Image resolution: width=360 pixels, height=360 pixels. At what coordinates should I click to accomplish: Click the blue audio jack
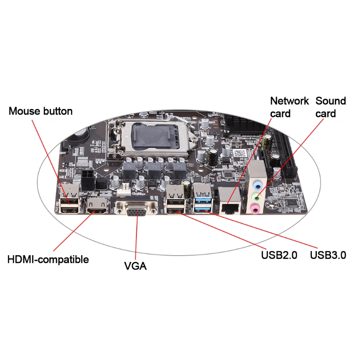pyautogui.click(x=256, y=184)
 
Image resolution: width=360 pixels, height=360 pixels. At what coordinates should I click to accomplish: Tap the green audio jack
pyautogui.click(x=256, y=196)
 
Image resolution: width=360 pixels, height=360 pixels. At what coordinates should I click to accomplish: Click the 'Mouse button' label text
pyautogui.click(x=40, y=111)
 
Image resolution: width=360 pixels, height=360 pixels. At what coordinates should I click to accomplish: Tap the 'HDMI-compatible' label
pyautogui.click(x=48, y=260)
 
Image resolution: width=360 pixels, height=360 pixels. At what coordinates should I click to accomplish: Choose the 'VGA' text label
pyautogui.click(x=135, y=266)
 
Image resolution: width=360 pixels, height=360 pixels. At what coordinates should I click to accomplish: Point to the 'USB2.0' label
pyautogui.click(x=279, y=256)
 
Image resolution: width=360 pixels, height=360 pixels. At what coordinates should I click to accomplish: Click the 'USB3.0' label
pyautogui.click(x=328, y=256)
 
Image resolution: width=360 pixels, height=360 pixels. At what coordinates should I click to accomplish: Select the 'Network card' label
pyautogui.click(x=289, y=107)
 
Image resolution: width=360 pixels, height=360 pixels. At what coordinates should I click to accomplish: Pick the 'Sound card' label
pyautogui.click(x=330, y=107)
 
